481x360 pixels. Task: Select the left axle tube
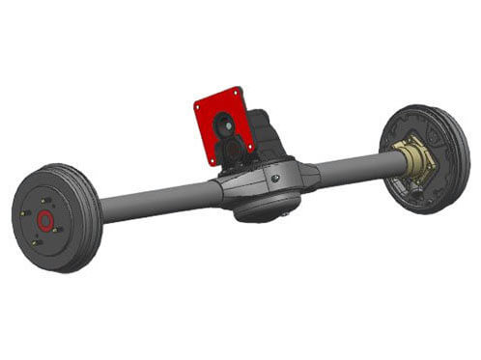[159, 200]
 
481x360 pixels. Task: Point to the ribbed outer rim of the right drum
[458, 145]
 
